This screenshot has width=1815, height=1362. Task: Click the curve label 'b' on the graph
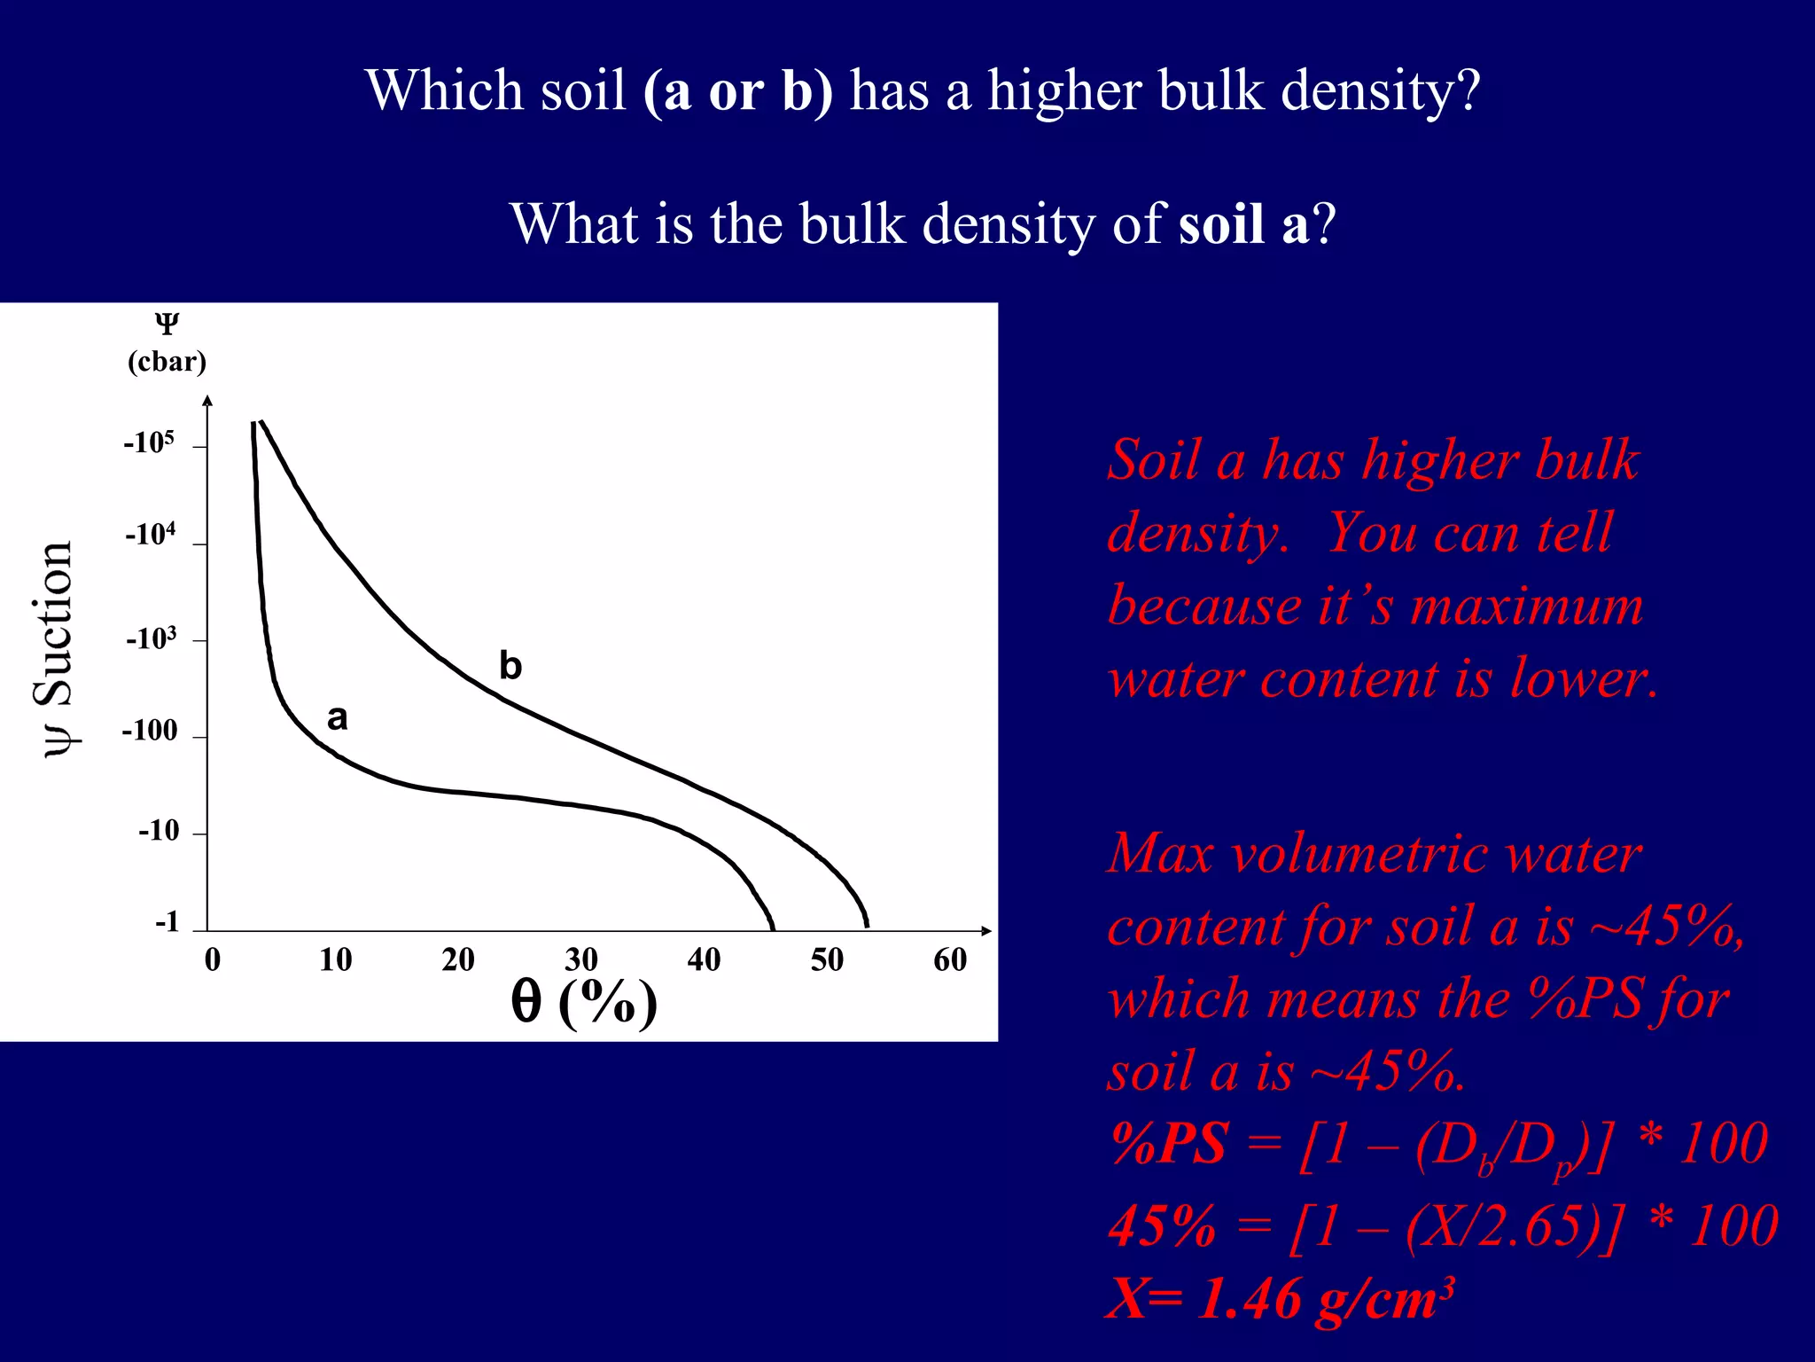[x=510, y=665]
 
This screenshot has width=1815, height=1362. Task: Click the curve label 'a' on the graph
[x=338, y=717]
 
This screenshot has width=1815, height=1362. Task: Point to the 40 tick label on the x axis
[x=704, y=959]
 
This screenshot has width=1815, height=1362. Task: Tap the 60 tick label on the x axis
[x=950, y=959]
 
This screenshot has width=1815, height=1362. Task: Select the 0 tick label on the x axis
[x=213, y=959]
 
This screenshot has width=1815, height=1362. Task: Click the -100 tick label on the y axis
[x=150, y=731]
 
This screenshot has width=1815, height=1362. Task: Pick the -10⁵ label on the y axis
[x=149, y=442]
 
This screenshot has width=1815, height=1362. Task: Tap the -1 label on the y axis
[x=167, y=922]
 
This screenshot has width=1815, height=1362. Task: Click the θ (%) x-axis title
[x=584, y=1002]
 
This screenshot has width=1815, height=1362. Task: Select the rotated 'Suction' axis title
[x=55, y=625]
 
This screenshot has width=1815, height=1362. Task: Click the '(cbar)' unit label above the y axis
[x=167, y=362]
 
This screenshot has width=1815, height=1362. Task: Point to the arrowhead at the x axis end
[x=986, y=930]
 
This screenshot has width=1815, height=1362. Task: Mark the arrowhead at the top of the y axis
[x=208, y=401]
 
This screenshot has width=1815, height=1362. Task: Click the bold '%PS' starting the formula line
[x=1169, y=1144]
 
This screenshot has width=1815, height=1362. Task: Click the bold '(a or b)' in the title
[x=738, y=90]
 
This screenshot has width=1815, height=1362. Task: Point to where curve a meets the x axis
[x=774, y=928]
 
